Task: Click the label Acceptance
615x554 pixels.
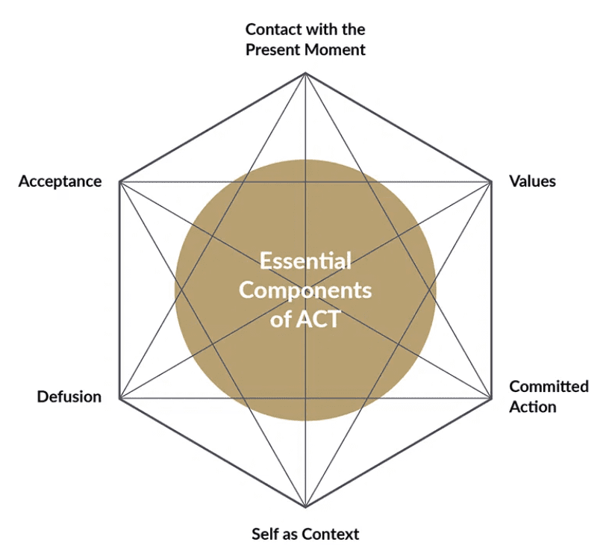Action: click(60, 181)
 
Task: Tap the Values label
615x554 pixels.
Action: click(532, 181)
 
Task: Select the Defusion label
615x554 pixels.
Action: click(69, 396)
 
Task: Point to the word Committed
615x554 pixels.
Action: click(549, 387)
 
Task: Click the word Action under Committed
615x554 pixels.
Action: click(532, 407)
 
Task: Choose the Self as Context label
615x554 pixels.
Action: click(305, 534)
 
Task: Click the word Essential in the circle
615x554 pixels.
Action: click(305, 261)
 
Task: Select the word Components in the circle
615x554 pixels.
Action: click(305, 290)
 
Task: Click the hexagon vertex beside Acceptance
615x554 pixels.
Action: click(120, 181)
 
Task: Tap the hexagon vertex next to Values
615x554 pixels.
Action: click(491, 181)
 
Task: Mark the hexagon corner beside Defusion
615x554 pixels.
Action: click(120, 396)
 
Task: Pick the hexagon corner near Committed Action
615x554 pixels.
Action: click(491, 396)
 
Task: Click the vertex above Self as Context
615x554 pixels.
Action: click(305, 505)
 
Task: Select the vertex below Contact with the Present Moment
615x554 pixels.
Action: click(305, 73)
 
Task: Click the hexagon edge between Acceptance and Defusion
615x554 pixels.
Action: click(120, 289)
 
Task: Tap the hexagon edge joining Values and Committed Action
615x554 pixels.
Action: click(491, 289)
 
